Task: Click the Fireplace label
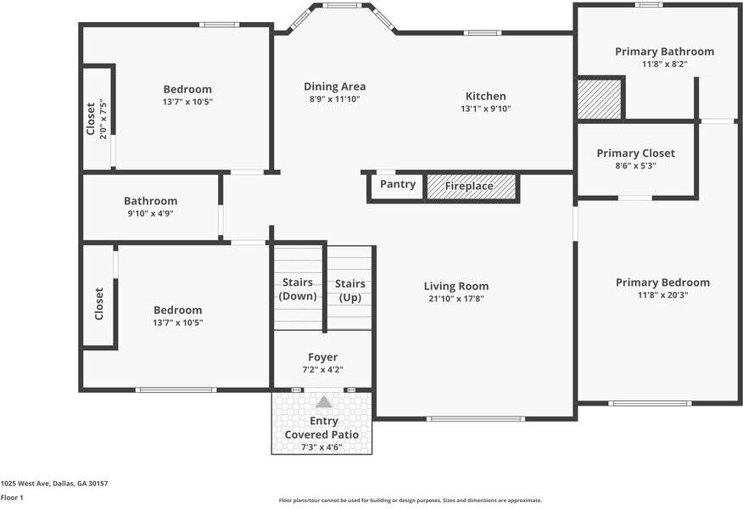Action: [469, 186]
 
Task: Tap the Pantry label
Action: [398, 184]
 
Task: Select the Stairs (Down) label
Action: [298, 289]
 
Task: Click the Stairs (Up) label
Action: [350, 290]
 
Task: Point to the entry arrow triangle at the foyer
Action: [324, 401]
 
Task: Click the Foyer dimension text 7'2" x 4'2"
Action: [322, 370]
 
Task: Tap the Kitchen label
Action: [485, 96]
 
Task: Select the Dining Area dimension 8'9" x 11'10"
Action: [335, 98]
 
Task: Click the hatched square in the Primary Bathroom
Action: [599, 99]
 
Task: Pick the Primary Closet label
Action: [635, 154]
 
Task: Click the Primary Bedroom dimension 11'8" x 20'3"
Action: [662, 295]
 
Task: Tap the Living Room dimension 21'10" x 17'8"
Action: [457, 299]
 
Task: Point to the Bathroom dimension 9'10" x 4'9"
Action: [150, 214]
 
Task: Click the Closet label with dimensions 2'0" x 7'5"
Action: [91, 120]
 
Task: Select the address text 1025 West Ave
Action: [54, 484]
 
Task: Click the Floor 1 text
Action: [12, 498]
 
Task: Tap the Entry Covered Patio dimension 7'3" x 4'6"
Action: [321, 447]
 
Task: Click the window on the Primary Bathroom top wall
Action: [649, 4]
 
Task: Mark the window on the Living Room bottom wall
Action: [475, 418]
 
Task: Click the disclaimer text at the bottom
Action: [410, 501]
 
